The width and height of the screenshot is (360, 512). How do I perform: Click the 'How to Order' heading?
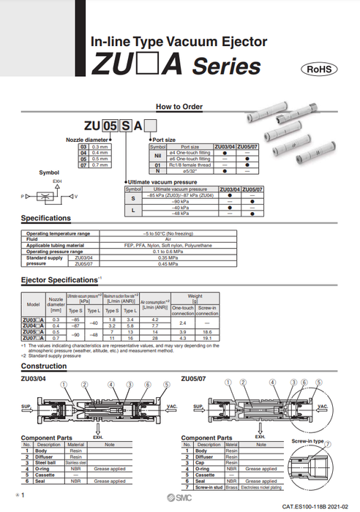[179, 106]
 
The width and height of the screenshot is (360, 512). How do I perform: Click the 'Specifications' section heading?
[45, 218]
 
